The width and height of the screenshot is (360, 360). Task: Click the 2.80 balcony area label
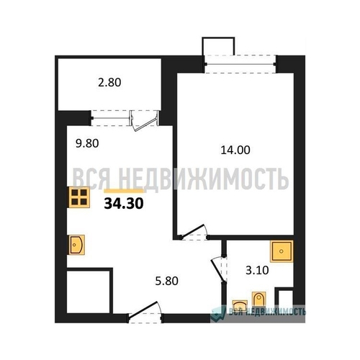click(x=109, y=83)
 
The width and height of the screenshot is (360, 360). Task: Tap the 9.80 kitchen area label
click(x=87, y=143)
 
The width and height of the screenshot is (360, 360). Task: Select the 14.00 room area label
click(x=235, y=150)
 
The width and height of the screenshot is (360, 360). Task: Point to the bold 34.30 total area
click(x=124, y=204)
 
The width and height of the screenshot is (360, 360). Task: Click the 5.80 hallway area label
click(x=166, y=281)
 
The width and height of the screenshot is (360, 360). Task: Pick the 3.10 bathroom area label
click(x=257, y=271)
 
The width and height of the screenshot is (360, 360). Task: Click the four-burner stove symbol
click(x=79, y=197)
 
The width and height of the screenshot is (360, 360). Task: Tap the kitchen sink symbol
click(x=77, y=245)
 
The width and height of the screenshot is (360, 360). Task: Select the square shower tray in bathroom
click(x=282, y=251)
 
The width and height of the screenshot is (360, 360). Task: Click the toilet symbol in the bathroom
click(x=258, y=300)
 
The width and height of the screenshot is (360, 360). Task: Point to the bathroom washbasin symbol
click(x=240, y=305)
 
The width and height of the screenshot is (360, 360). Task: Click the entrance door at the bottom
click(x=145, y=312)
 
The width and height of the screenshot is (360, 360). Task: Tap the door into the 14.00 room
click(x=194, y=233)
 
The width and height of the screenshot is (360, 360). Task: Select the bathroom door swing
click(x=219, y=269)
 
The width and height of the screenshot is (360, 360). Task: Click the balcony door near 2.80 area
click(x=145, y=121)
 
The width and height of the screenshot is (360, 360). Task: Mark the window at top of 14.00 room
click(x=240, y=64)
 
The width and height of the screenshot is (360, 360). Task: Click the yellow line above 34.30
click(x=124, y=191)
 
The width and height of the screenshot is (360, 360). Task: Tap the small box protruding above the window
click(x=218, y=46)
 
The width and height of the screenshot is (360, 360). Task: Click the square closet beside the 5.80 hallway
click(x=89, y=292)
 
